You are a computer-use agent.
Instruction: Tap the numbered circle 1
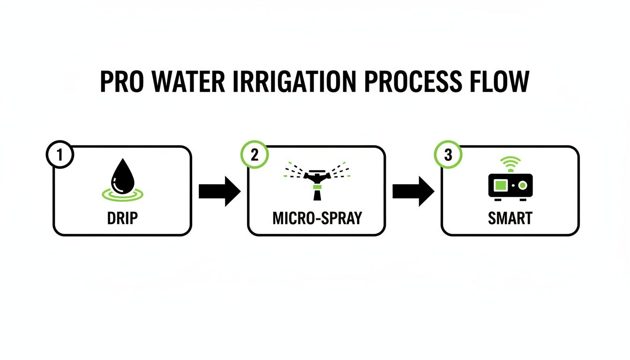pos(60,155)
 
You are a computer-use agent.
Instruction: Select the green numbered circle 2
pos(254,155)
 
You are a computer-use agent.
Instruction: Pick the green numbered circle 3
pos(448,155)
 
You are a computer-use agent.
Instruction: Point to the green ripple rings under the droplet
pos(122,193)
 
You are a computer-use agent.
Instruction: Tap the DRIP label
pos(122,218)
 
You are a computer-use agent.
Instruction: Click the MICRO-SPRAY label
pos(317,218)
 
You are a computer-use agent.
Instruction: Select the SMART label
pos(510,218)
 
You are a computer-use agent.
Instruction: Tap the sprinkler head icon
pos(317,178)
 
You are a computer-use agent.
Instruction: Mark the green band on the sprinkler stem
pos(317,187)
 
